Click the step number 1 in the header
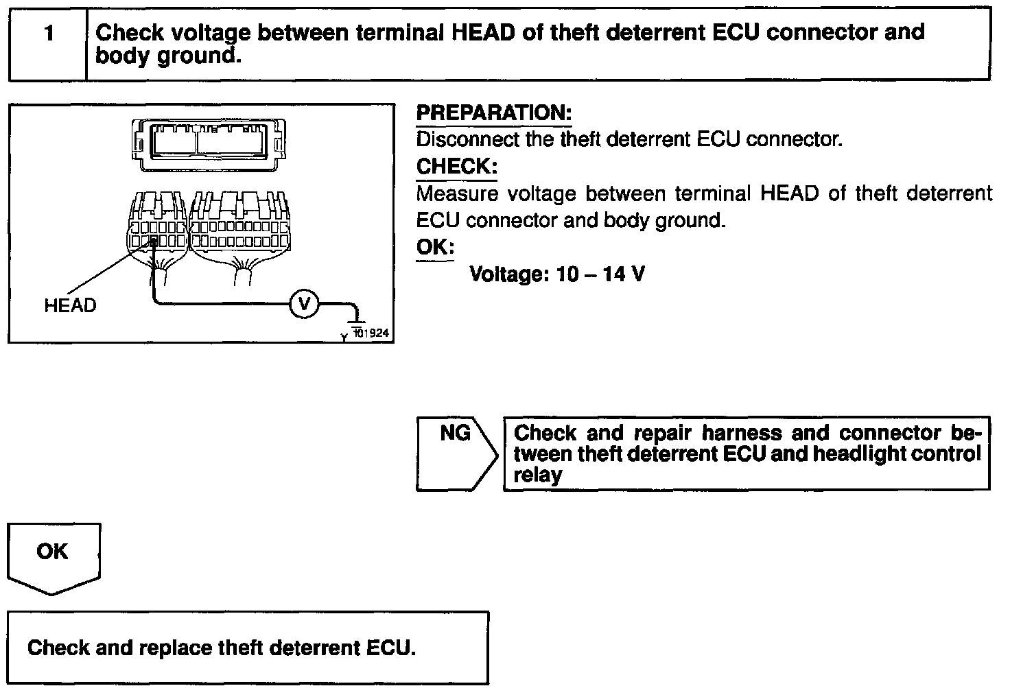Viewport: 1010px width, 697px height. pyautogui.click(x=49, y=34)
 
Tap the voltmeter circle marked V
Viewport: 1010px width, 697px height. pyautogui.click(x=303, y=303)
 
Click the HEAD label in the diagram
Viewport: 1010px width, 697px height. pyautogui.click(x=70, y=305)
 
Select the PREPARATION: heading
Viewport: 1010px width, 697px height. pyautogui.click(x=493, y=113)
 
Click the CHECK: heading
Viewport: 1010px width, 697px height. pyautogui.click(x=456, y=167)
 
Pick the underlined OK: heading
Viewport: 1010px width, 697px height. pyautogui.click(x=435, y=247)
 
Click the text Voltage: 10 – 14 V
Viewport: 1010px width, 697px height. pyautogui.click(x=556, y=274)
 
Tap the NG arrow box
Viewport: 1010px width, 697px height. pyautogui.click(x=456, y=453)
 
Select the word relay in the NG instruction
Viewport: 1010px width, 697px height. pyautogui.click(x=537, y=475)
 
